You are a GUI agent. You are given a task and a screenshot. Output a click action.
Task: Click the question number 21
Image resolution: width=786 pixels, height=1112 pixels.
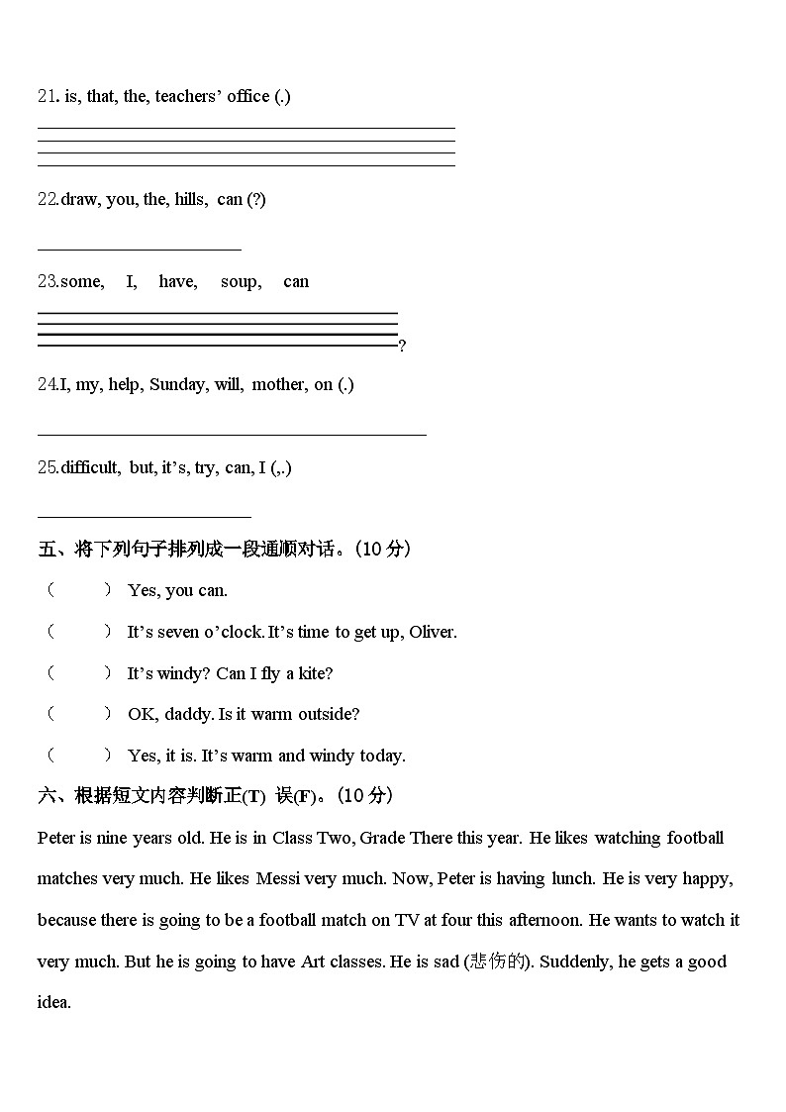47,96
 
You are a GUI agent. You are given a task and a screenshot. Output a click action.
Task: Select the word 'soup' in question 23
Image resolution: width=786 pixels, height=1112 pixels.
241,281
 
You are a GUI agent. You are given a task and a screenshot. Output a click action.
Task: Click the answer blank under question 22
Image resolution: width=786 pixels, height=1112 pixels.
139,249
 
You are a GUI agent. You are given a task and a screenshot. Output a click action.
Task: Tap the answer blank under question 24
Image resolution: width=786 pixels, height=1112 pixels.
232,433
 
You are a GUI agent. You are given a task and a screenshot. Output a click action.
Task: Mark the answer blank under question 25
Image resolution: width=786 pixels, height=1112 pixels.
144,515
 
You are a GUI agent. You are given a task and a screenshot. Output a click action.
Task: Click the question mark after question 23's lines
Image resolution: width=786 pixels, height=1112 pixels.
402,346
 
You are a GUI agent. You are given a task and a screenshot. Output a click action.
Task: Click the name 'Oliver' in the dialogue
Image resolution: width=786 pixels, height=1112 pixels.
433,632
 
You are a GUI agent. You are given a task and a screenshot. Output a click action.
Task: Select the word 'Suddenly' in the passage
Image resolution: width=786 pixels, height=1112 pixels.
567,961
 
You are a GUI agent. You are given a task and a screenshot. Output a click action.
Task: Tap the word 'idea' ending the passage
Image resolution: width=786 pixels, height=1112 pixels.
53,1002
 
